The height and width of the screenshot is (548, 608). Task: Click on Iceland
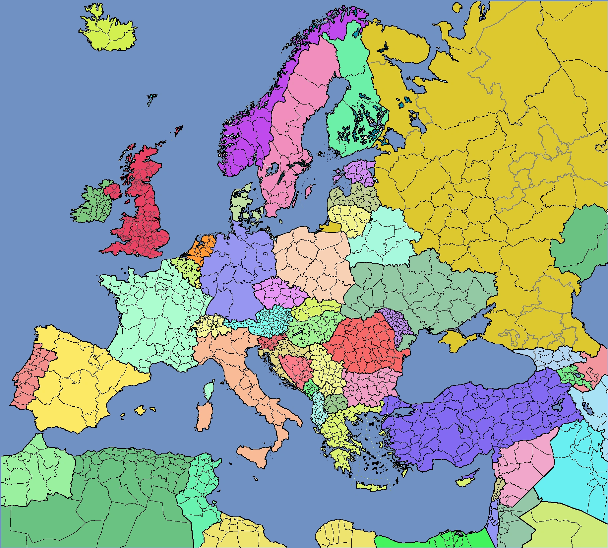tap(109, 33)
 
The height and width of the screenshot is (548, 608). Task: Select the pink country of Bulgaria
tap(368, 386)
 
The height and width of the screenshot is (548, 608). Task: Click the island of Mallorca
tap(141, 410)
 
